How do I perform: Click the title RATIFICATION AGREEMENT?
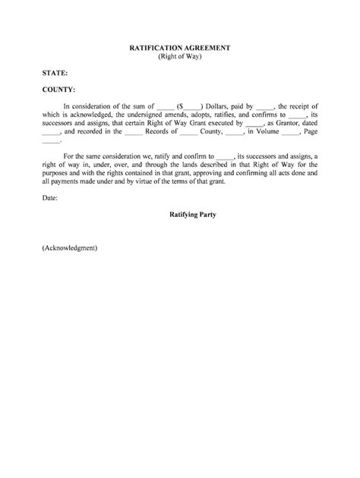(179, 47)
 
